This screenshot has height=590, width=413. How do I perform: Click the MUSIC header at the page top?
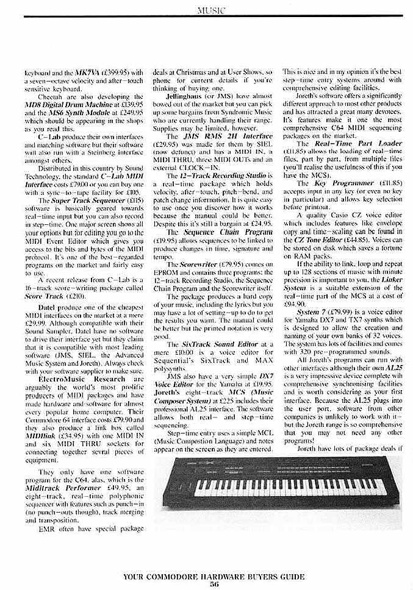point(206,10)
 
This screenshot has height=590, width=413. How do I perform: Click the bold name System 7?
point(320,295)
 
